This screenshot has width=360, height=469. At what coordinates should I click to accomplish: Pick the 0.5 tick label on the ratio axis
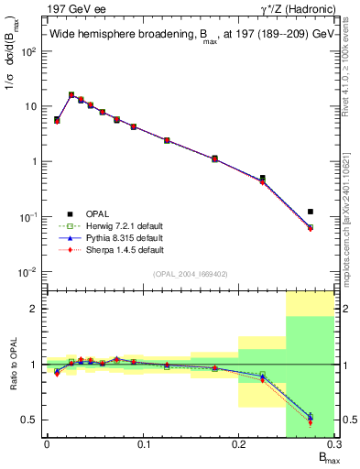pyautogui.click(x=29, y=420)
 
